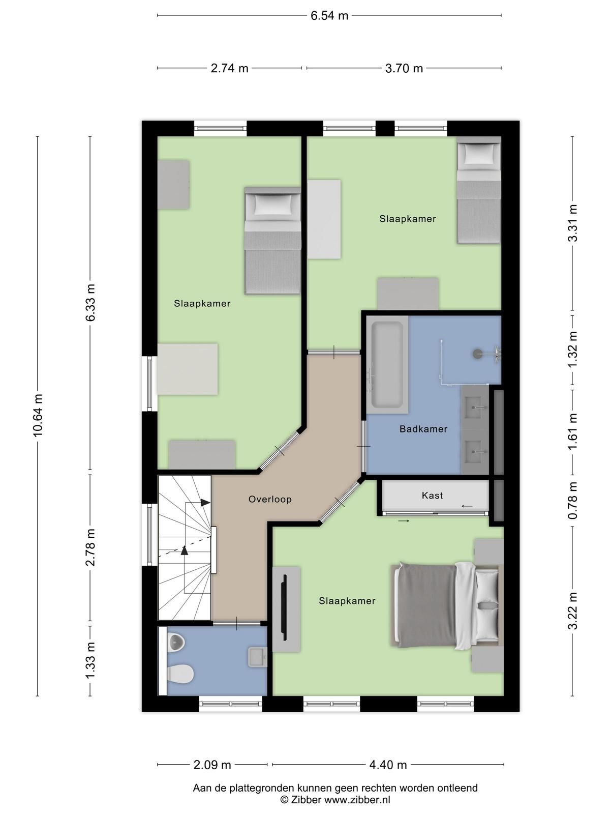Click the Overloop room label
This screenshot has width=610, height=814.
[270, 499]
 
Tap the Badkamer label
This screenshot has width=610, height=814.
[423, 429]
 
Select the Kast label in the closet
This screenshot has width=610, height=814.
[432, 495]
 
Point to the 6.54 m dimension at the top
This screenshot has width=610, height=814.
[329, 15]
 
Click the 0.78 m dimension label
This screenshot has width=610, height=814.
[573, 501]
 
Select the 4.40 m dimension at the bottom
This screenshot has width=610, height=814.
[387, 765]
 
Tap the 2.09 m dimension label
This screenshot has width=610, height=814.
[212, 765]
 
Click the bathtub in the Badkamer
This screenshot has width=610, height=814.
[387, 365]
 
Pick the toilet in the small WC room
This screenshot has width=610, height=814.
[180, 674]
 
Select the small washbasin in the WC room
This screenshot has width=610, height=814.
[257, 657]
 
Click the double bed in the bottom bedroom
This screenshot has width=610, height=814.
[445, 605]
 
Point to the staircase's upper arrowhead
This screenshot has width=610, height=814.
[205, 503]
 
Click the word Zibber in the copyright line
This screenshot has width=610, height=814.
[306, 800]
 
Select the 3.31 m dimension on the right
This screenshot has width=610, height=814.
[573, 223]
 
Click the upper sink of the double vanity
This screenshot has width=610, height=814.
[477, 407]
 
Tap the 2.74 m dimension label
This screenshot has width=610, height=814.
[229, 68]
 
